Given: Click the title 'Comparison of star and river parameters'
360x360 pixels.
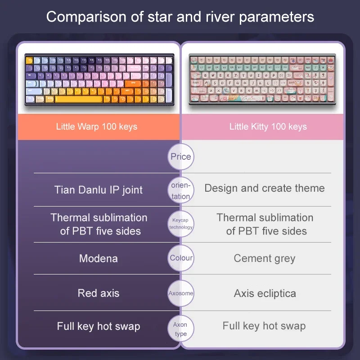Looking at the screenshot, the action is [180, 17].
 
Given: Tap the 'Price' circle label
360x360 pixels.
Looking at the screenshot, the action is [181, 157].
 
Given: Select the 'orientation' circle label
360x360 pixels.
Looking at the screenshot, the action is [181, 190].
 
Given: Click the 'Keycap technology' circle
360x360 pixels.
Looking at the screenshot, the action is [181, 224].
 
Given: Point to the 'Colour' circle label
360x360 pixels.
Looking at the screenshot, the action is [181, 258].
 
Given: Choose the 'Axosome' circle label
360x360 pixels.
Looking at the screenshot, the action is [181, 293].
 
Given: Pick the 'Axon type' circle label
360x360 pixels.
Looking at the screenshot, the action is [181, 329].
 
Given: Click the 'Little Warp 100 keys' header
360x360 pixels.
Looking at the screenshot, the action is [97, 127].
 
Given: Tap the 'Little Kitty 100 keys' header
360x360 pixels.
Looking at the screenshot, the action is [268, 127].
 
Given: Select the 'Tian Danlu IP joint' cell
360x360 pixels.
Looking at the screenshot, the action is [99, 190].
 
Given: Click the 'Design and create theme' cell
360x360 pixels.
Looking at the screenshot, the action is [265, 188].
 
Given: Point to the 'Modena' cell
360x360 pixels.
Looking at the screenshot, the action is [99, 258].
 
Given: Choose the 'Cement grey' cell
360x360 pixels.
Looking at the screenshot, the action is [265, 258].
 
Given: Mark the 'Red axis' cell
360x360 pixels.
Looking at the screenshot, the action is [99, 293].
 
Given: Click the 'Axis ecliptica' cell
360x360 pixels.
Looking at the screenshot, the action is [265, 293].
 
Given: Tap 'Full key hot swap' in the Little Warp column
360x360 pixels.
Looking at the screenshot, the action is [99, 326].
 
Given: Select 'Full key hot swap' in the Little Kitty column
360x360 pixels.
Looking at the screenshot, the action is [264, 326].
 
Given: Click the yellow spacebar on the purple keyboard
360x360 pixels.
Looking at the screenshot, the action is [79, 99].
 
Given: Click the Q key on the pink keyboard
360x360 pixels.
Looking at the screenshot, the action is [205, 75].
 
